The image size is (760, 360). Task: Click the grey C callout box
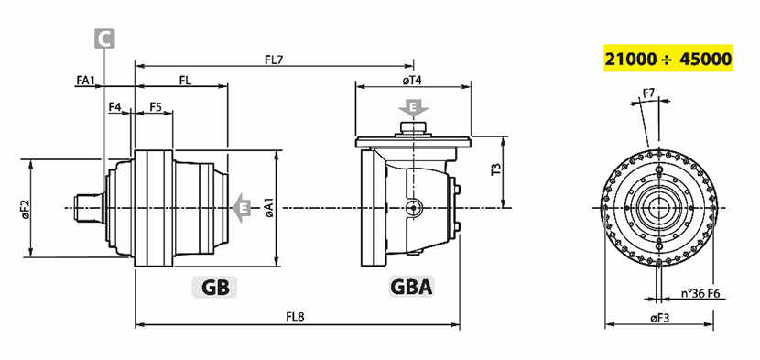[x=104, y=38]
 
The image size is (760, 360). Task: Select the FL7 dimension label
[x=274, y=60]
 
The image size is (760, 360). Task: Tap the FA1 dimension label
[x=86, y=80]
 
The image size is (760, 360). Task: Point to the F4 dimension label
[x=114, y=107]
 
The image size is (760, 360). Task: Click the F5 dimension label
[x=155, y=107]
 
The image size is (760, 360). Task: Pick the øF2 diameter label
[x=26, y=208]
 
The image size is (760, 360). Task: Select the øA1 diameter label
[x=270, y=208]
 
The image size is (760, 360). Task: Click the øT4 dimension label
[x=412, y=81]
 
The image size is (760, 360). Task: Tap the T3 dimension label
[x=496, y=169]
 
